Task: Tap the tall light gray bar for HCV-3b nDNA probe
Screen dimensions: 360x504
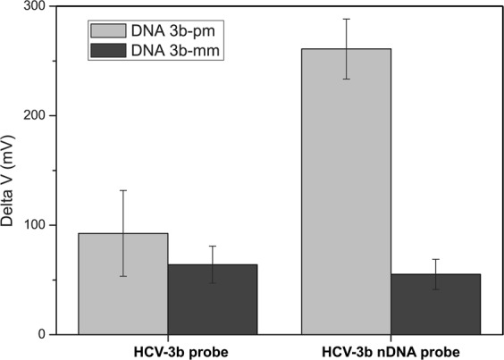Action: (x=346, y=197)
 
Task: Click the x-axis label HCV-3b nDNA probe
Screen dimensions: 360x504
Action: (x=391, y=351)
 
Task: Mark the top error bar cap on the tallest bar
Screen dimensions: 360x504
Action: (x=346, y=19)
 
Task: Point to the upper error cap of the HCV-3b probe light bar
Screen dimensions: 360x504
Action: (x=123, y=190)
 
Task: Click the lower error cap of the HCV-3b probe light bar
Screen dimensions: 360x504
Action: (x=123, y=276)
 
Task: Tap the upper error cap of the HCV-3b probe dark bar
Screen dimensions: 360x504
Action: (x=213, y=246)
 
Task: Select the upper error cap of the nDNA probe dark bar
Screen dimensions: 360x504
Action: (x=435, y=259)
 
